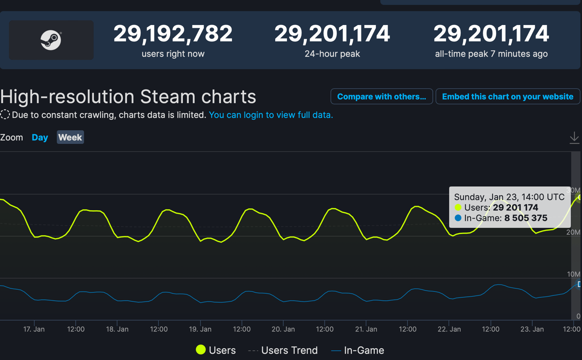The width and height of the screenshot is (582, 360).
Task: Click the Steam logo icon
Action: click(51, 40)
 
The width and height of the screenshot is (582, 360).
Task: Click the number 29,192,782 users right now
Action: click(173, 34)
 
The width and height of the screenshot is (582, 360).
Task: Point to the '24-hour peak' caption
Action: click(332, 54)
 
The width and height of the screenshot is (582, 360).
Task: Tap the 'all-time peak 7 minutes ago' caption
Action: click(491, 54)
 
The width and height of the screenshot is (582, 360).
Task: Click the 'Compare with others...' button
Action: click(382, 97)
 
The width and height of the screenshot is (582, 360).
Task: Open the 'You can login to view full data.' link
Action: click(271, 115)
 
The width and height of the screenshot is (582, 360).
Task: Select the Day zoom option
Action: click(40, 137)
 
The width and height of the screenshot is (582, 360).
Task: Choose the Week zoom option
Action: click(70, 137)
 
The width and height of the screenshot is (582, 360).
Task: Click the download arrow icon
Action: click(574, 138)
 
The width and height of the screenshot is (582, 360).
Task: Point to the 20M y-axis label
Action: click(573, 232)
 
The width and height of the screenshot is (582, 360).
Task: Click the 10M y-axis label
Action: click(573, 274)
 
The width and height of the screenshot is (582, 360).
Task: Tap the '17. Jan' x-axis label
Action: click(34, 329)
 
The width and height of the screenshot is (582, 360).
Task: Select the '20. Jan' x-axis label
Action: click(283, 329)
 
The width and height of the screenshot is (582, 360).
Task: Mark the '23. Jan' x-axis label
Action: click(532, 329)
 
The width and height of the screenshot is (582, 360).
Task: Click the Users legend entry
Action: click(216, 350)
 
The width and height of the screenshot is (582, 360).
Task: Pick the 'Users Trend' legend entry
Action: click(283, 350)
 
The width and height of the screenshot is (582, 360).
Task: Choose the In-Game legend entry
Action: click(358, 350)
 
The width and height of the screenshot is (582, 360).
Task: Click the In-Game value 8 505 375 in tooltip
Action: click(525, 218)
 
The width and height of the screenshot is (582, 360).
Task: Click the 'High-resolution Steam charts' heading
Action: click(128, 97)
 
